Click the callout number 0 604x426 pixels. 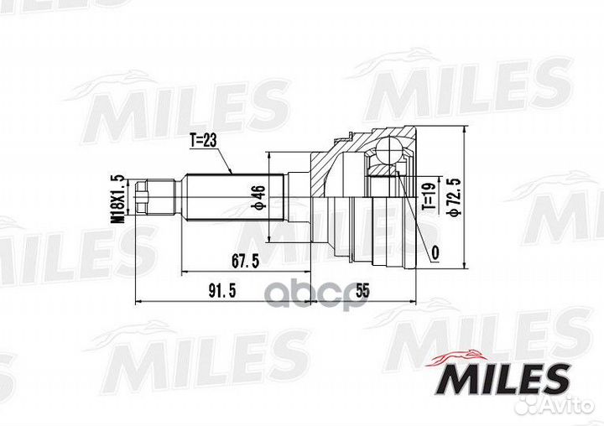[434, 252]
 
